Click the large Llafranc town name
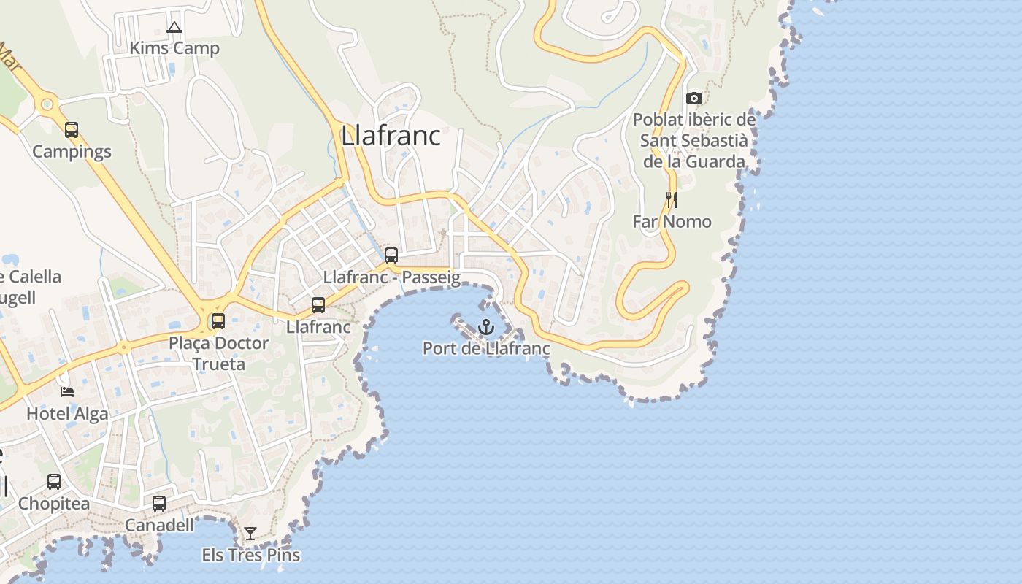tap(391, 136)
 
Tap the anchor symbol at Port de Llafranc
tap(486, 327)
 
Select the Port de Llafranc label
tap(486, 349)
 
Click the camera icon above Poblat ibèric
tap(694, 98)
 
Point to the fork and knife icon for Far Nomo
tap(671, 199)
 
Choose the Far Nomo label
tap(672, 221)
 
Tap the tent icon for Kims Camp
tap(174, 28)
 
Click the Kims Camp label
tap(174, 49)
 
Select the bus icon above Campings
tap(72, 130)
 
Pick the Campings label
tap(72, 152)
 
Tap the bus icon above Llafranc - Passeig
tap(391, 255)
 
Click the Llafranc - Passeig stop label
tap(391, 277)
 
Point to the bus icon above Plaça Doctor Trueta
tap(218, 321)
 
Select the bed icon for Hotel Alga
tap(67, 392)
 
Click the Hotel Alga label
tap(67, 414)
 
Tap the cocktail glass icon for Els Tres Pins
tap(250, 534)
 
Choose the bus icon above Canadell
tap(159, 504)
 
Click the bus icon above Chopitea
tap(54, 482)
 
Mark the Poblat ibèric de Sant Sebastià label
tap(694, 140)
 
